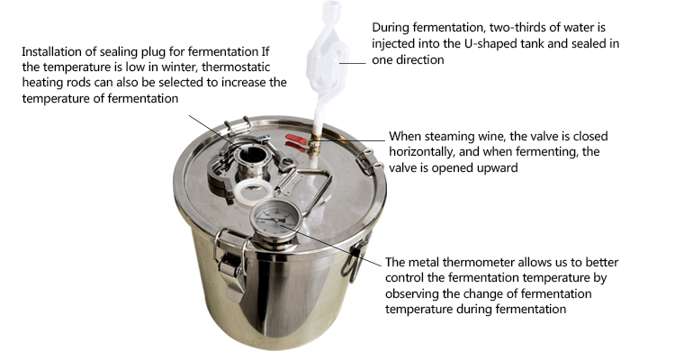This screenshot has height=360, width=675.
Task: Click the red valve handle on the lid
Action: click(296, 142)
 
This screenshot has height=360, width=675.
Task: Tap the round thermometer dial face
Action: click(274, 218)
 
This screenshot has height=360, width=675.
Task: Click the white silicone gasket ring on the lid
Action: click(253, 192)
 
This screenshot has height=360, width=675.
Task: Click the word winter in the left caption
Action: click(175, 67)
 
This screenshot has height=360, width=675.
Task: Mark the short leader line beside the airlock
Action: click(353, 63)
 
